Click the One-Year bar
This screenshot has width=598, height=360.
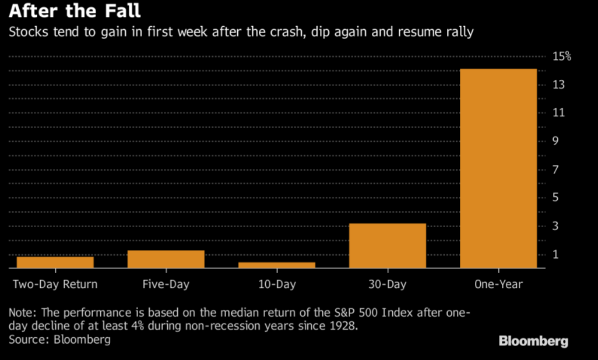[498, 168]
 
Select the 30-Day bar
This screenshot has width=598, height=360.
[388, 246]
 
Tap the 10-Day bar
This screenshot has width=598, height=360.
[277, 265]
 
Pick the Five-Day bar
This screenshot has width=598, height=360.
[166, 259]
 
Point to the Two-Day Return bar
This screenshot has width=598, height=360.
[55, 262]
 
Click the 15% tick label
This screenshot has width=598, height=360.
[562, 57]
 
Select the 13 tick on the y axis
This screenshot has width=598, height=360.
[558, 85]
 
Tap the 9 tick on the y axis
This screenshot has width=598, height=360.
[555, 142]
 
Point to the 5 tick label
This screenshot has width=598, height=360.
[555, 197]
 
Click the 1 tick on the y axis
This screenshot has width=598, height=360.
[555, 255]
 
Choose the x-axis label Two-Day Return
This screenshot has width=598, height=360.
[55, 285]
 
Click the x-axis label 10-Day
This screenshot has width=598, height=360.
[276, 285]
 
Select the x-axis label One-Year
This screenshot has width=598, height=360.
[498, 285]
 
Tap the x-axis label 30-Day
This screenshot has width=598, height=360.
[388, 285]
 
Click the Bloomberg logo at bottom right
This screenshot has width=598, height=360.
[533, 341]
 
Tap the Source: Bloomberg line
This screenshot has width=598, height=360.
[59, 339]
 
